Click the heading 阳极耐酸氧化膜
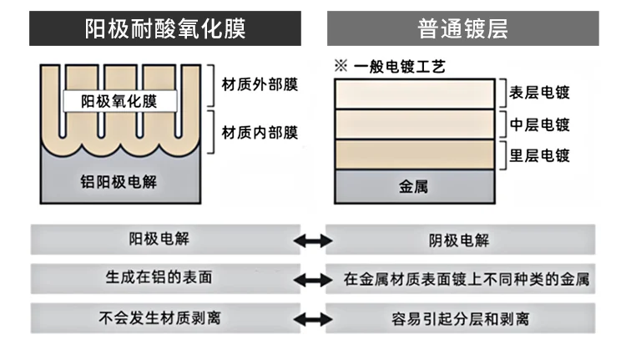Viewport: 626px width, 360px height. (165, 28)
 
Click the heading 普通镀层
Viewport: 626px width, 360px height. (462, 28)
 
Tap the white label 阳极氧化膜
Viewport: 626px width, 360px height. (119, 101)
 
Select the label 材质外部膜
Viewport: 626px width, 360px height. (260, 84)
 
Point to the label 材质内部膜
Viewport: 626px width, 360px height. (260, 133)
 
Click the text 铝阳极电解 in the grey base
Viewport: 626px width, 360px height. (119, 182)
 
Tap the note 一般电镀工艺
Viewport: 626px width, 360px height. (399, 66)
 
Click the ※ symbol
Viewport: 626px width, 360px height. (341, 65)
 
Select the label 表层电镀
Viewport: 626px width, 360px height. (539, 93)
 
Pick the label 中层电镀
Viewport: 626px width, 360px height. (539, 124)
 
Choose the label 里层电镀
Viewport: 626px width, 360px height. (539, 155)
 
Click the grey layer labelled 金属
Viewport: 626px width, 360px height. (414, 186)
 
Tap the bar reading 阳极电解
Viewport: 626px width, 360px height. (165, 240)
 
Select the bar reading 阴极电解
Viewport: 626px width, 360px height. (460, 240)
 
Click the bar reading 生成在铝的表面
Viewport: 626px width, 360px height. (165, 278)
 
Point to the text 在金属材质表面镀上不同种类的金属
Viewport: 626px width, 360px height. (467, 279)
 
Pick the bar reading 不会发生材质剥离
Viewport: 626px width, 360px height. (165, 318)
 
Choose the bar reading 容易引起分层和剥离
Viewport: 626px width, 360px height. (460, 318)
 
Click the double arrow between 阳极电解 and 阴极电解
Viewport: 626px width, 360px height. (313, 241)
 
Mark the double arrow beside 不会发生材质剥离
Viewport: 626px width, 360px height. (313, 319)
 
